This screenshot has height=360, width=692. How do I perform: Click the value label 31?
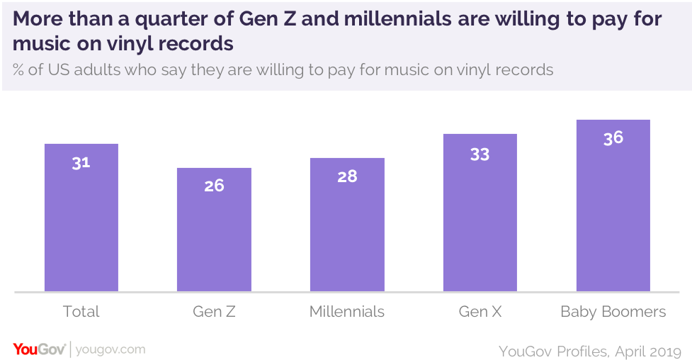point(81,162)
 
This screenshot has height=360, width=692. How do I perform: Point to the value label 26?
point(214,186)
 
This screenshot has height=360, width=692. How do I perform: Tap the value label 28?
point(347,176)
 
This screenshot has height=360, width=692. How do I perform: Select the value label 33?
point(480,153)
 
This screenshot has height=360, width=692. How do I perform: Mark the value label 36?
point(613,138)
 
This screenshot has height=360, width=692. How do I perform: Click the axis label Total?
point(81,312)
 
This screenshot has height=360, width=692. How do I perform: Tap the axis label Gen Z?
point(214,312)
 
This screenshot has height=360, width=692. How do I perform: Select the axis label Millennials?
point(347,312)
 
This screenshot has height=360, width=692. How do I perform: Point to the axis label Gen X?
point(480,312)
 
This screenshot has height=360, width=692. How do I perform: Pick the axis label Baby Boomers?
point(613,312)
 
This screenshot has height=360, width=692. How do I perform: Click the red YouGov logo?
point(40,349)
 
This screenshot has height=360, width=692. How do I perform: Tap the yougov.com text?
point(110,349)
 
